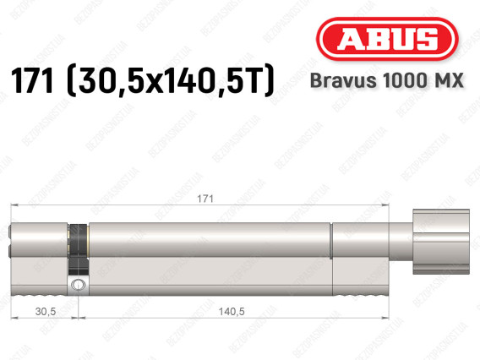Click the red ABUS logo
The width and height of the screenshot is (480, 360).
[x=387, y=39]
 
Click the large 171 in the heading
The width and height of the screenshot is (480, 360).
[x=32, y=81]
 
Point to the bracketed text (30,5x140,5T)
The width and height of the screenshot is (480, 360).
[x=170, y=81]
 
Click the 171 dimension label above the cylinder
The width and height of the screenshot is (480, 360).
[x=205, y=199]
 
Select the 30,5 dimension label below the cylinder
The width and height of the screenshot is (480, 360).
[x=46, y=311]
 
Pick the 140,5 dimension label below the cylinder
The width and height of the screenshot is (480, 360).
[x=232, y=311]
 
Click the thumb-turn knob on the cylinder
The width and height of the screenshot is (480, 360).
[x=441, y=242]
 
